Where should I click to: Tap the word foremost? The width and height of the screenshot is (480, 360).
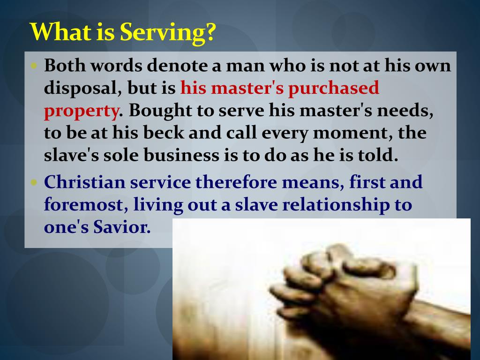85,205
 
